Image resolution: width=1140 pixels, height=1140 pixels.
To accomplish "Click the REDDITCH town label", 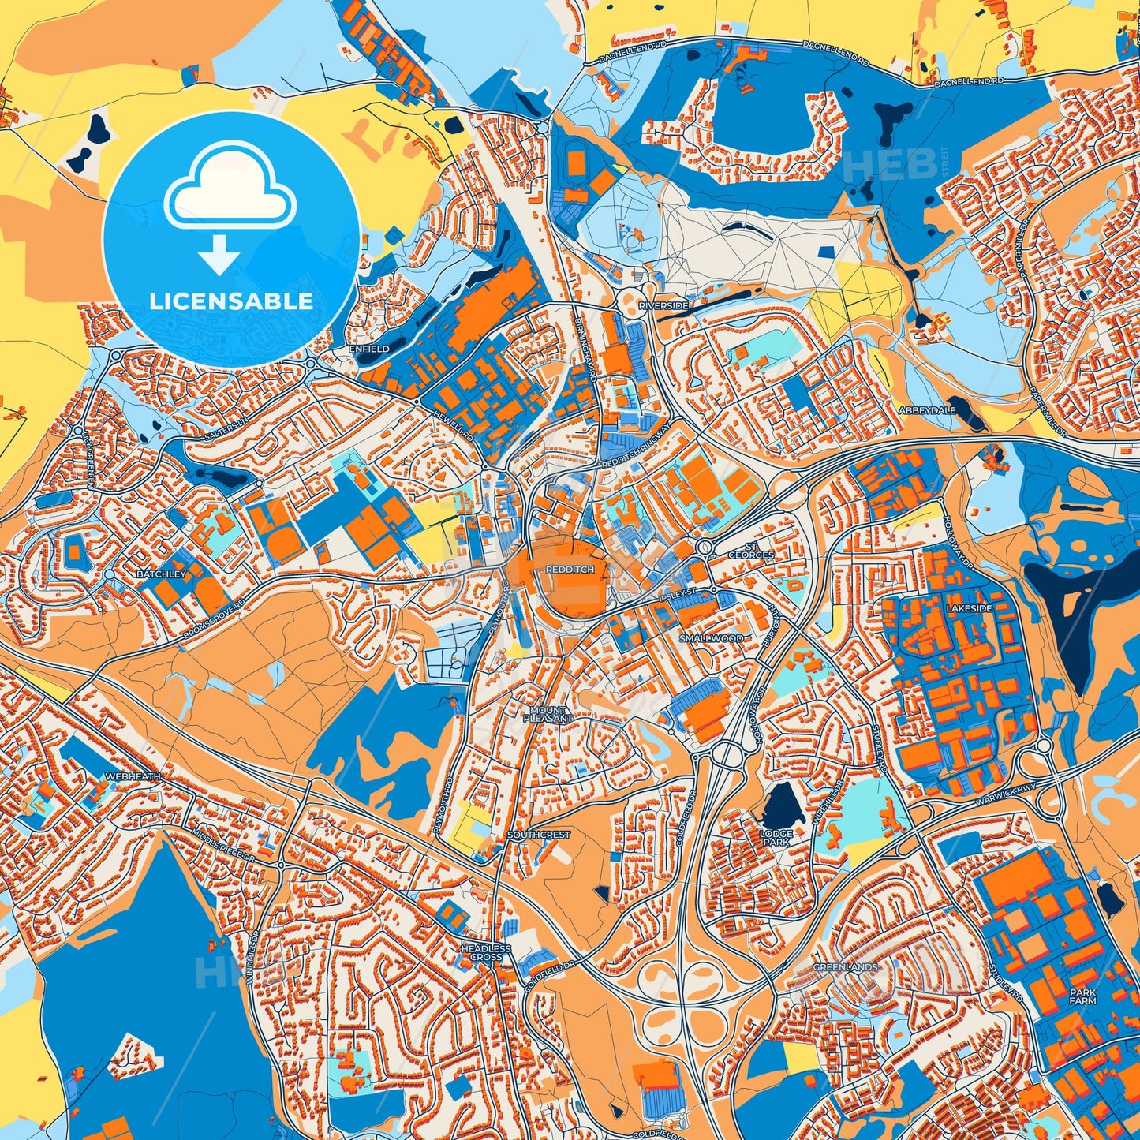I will [x=569, y=569].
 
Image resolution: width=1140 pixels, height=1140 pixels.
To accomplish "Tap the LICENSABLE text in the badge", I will [x=231, y=301].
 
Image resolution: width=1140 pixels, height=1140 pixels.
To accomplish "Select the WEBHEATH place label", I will [x=133, y=776].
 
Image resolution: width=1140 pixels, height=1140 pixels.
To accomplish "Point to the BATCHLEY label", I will [x=161, y=574].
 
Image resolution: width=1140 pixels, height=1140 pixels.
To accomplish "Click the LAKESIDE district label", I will [x=969, y=609].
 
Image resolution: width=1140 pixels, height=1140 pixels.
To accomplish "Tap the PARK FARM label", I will [x=1083, y=996].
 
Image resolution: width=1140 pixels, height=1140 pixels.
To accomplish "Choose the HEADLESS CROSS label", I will [x=486, y=952].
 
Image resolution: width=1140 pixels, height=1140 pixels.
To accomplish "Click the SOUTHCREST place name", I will [x=538, y=834].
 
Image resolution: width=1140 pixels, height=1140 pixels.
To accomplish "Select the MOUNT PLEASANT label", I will [x=548, y=714].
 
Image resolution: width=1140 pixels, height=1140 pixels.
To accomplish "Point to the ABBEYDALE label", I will [x=927, y=410].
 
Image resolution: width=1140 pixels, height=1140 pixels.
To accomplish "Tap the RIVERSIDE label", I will [x=663, y=305].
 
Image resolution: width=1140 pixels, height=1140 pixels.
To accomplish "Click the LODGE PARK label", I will [x=776, y=838].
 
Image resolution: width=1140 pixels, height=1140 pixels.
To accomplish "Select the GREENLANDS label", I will [x=845, y=966].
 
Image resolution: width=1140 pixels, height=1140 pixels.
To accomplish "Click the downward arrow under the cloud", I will [x=220, y=257].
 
